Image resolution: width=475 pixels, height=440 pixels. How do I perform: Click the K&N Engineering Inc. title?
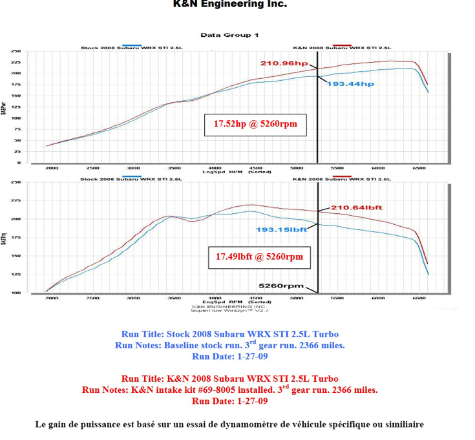(x=230, y=5)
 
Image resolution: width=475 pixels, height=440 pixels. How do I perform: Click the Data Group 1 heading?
(x=229, y=35)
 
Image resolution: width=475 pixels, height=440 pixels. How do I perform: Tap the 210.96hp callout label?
(x=284, y=63)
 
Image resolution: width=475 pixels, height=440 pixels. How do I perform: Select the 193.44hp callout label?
(x=350, y=84)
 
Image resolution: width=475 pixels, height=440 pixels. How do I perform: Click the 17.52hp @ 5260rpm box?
(x=255, y=123)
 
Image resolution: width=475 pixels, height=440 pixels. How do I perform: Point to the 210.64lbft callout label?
(x=357, y=207)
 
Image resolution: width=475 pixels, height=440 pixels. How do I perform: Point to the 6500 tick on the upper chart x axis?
(x=420, y=167)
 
